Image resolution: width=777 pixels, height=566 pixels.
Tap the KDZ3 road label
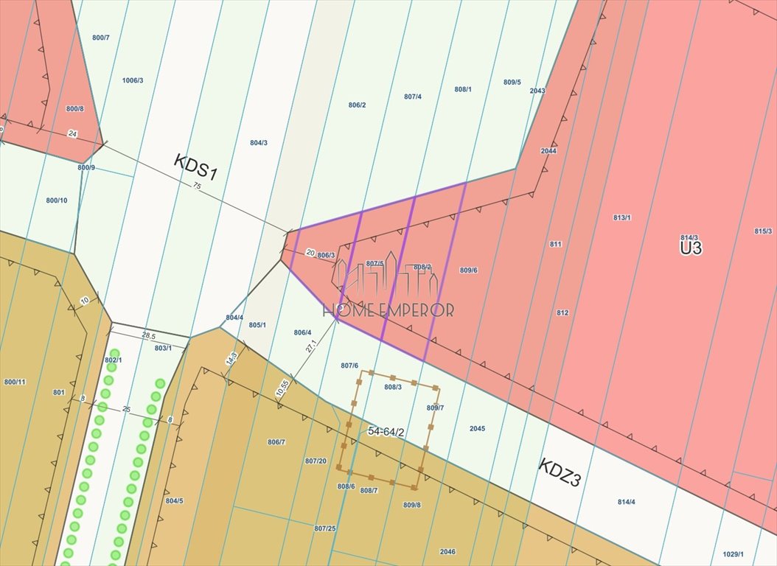[560, 473]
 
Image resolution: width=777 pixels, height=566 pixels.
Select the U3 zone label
[691, 248]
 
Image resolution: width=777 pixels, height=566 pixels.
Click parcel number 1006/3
[133, 80]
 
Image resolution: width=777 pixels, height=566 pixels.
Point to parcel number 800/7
[101, 38]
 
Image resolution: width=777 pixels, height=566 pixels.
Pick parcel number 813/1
[622, 217]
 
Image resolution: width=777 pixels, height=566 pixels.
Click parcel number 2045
[478, 428]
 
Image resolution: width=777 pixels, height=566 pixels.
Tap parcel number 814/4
[626, 502]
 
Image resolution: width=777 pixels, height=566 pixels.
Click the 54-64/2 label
[386, 432]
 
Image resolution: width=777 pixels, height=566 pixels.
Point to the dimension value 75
[197, 186]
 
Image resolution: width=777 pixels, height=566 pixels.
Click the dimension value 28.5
[148, 335]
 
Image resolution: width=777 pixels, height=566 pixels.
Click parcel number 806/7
[276, 441]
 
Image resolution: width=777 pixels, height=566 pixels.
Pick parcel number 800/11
[15, 381]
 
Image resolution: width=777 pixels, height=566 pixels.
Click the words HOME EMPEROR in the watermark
[395, 310]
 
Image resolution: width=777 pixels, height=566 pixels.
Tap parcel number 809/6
[469, 270]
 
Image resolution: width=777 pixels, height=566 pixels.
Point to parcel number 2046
[447, 551]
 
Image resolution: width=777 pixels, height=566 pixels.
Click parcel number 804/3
[259, 143]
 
